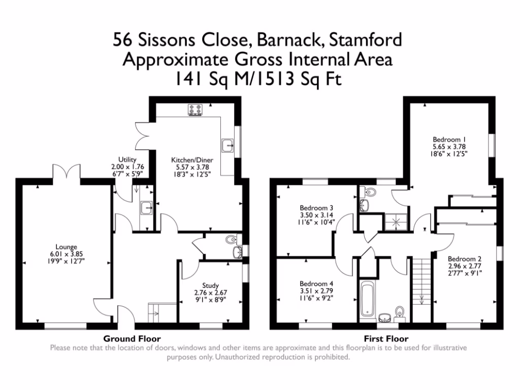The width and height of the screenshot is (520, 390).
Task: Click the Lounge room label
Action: [x=67, y=247]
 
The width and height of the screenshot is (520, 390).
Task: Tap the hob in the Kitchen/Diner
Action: [x=196, y=110]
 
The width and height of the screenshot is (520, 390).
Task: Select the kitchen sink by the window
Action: [x=227, y=145]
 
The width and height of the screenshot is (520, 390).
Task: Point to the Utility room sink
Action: [x=146, y=208]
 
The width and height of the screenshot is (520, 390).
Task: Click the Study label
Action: [x=211, y=285]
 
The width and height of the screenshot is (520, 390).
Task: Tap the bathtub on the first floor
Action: [x=367, y=299]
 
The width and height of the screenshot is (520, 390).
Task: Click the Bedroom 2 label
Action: [x=465, y=258]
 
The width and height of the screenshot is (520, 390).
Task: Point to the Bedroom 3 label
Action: [x=316, y=208]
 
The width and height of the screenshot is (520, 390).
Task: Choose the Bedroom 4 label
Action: [x=316, y=284]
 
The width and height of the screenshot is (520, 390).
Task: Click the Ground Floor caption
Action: [x=132, y=339]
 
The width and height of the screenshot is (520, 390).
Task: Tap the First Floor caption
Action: [x=386, y=339]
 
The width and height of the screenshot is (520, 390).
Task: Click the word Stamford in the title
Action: [x=366, y=40]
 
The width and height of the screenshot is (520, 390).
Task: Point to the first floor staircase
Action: [x=421, y=281]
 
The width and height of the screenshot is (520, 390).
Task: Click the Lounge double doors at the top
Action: [x=67, y=172]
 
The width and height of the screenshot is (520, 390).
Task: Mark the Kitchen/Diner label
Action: [x=192, y=160]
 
